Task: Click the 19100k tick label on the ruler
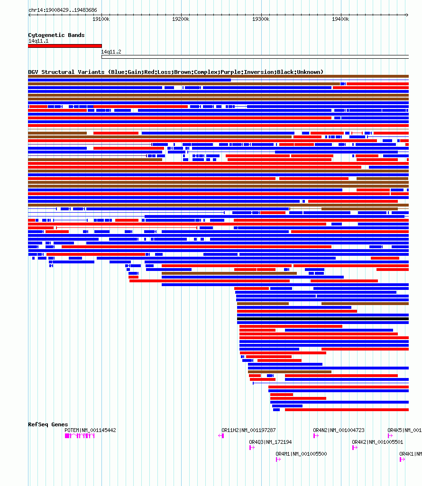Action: (x=101, y=19)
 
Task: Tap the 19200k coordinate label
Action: (x=181, y=19)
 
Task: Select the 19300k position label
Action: (x=261, y=19)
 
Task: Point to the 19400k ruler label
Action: (x=340, y=19)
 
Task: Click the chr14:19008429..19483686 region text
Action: (x=63, y=10)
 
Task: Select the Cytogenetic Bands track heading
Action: (x=56, y=35)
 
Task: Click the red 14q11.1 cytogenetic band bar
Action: (x=64, y=46)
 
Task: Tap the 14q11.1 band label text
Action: (x=35, y=41)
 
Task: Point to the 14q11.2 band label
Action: (x=111, y=52)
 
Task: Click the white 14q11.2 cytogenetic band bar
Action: (x=255, y=57)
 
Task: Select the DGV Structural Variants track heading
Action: (x=175, y=72)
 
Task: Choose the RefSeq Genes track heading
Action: (x=48, y=424)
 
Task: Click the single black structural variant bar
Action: (x=322, y=319)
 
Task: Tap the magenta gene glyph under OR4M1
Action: (x=278, y=459)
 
